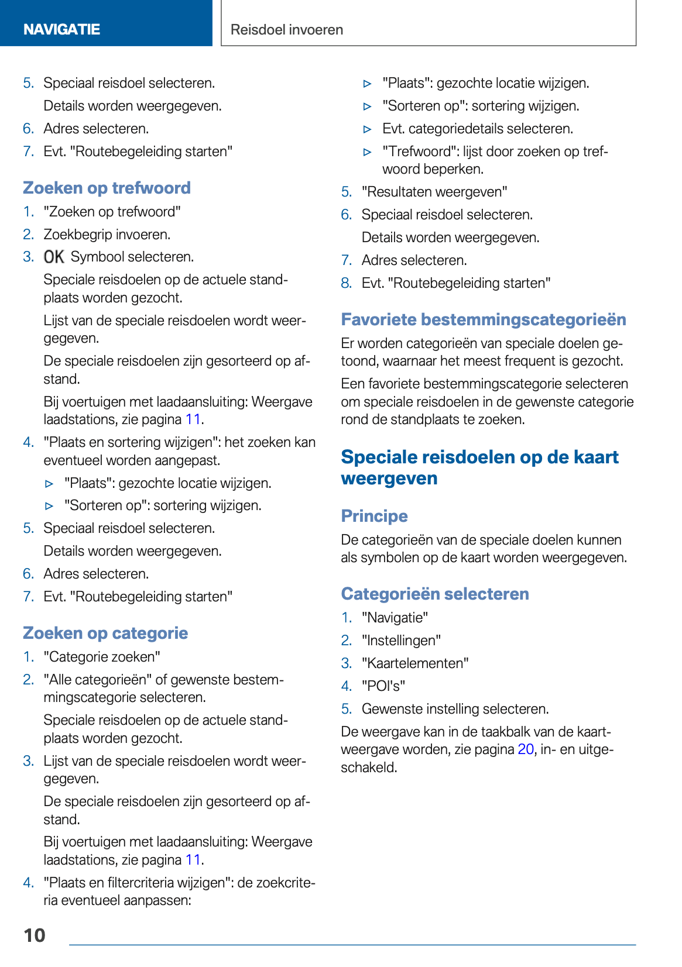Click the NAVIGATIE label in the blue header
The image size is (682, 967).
point(61,29)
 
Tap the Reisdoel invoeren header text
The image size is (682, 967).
point(287,30)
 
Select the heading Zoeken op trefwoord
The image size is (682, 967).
point(107,188)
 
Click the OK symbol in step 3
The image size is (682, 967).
point(54,257)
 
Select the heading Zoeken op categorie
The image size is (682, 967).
point(105,633)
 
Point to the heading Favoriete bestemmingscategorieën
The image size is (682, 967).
point(484,319)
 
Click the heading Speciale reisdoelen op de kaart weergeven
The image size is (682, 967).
point(479,467)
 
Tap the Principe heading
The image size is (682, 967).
point(374,516)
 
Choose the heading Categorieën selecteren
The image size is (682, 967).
point(435,594)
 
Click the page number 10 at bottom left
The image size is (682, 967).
point(35,935)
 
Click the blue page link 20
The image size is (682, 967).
point(525,749)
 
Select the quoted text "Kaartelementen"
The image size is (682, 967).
point(415,663)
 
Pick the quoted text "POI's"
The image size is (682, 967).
point(383,686)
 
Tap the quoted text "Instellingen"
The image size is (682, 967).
point(401,641)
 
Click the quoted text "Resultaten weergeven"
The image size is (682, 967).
point(434,192)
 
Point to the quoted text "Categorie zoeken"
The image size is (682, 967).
point(102,657)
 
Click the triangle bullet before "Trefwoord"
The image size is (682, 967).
point(368,152)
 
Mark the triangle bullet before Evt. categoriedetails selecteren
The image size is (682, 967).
point(368,129)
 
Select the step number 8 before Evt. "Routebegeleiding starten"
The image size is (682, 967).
point(347,283)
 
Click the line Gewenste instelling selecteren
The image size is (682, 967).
point(455,709)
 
